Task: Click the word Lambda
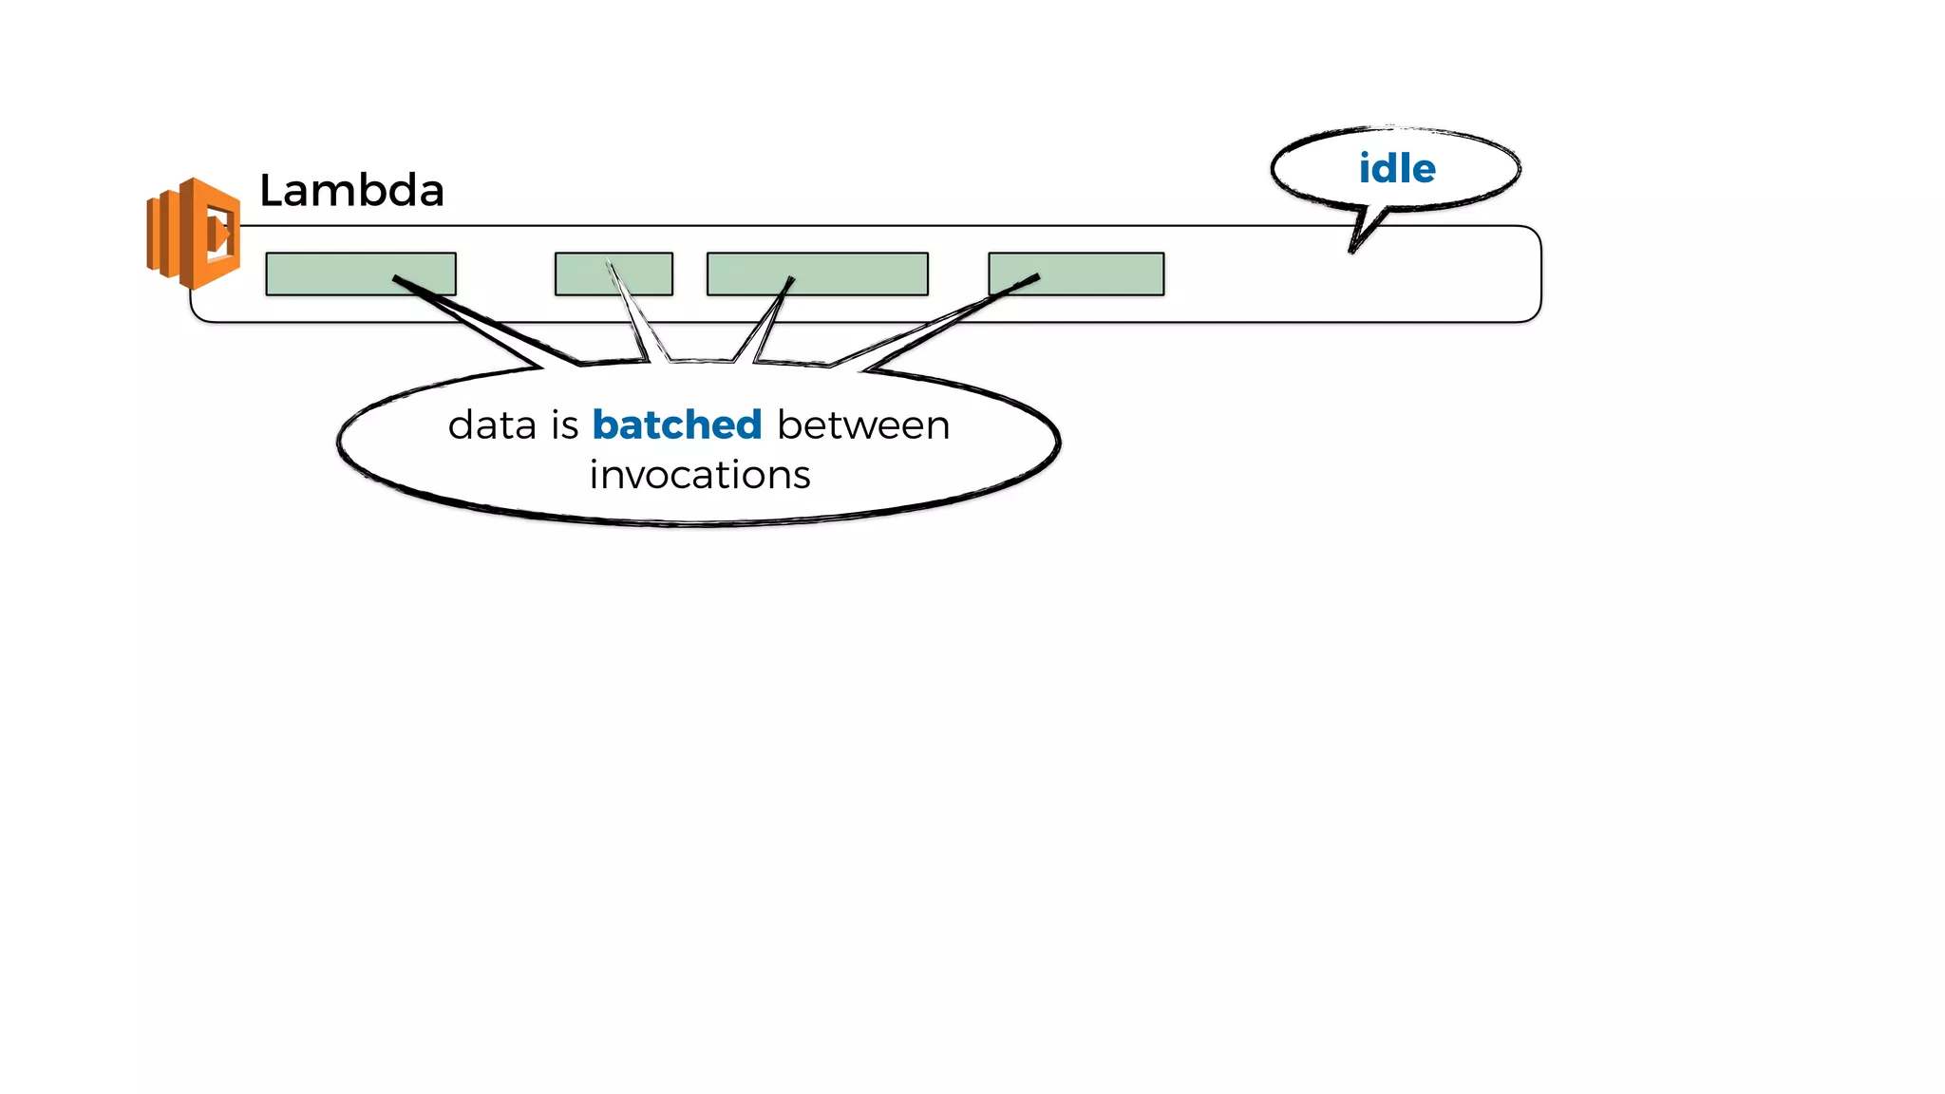[351, 191]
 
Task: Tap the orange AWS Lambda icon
[194, 234]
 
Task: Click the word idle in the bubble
[1396, 169]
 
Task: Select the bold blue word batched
[676, 424]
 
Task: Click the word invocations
[699, 475]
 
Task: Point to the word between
[862, 424]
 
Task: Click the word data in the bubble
[492, 424]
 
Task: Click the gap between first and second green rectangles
[505, 273]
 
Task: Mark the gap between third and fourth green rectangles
[958, 273]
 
